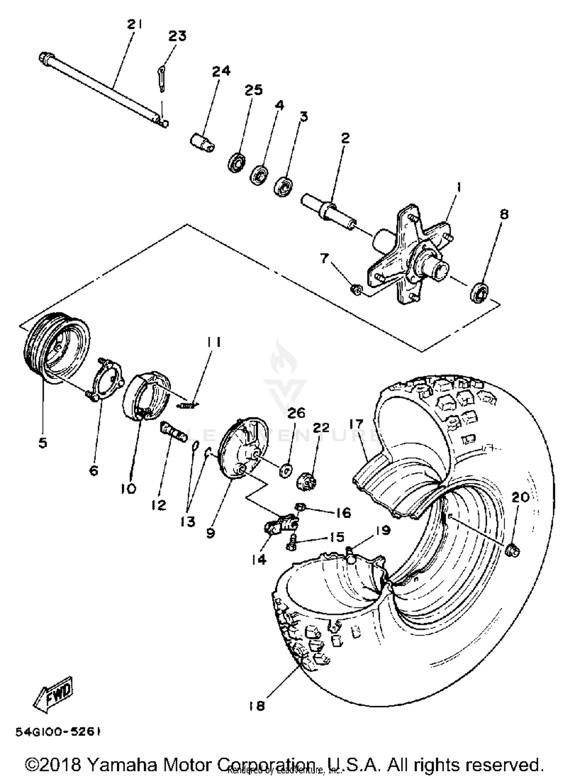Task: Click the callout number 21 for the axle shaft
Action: click(x=135, y=25)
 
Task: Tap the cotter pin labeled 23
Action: click(x=161, y=79)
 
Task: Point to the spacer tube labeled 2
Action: click(x=329, y=211)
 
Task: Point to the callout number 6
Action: click(x=93, y=470)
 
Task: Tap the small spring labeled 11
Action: click(x=187, y=406)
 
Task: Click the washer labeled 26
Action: click(x=285, y=471)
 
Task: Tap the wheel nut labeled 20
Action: click(x=513, y=551)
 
